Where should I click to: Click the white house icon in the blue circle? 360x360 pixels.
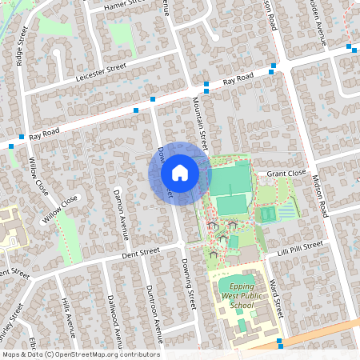pos(180,173)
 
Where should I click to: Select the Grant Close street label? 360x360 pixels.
pos(286,173)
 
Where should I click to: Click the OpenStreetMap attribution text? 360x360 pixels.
pos(80,354)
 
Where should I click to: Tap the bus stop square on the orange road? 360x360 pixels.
pos(279,343)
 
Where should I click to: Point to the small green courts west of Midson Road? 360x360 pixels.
pos(267,214)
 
